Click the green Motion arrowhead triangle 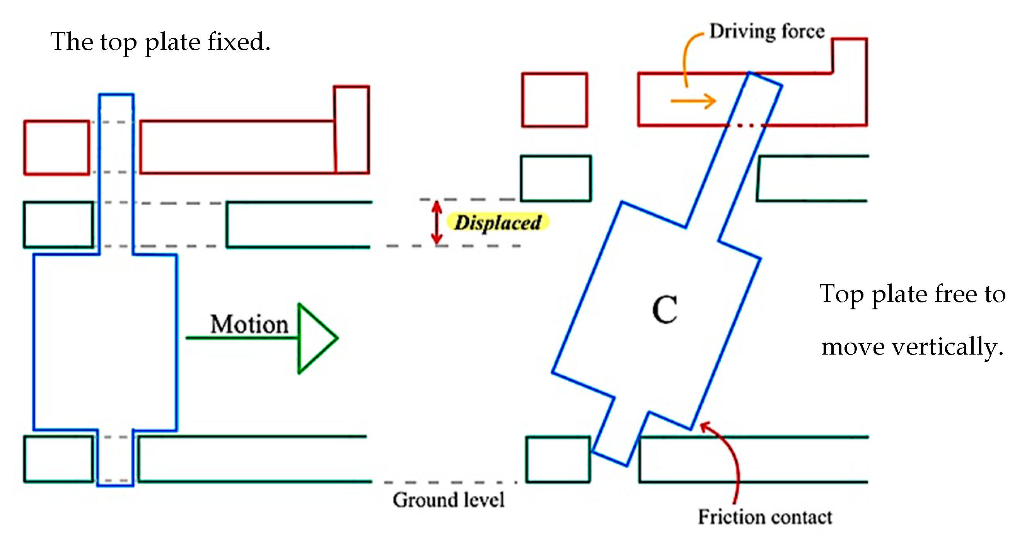pos(315,338)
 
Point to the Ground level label pos(449,500)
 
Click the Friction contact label pos(765,517)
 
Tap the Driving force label pos(767,31)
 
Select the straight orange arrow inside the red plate pos(693,101)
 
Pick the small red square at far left pos(56,148)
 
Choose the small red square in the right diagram pos(554,100)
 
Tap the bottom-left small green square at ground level pos(59,459)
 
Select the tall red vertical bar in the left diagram pos(351,130)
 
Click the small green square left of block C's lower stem pos(557,459)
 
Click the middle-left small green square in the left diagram pos(59,225)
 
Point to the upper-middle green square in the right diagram pos(556,178)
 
